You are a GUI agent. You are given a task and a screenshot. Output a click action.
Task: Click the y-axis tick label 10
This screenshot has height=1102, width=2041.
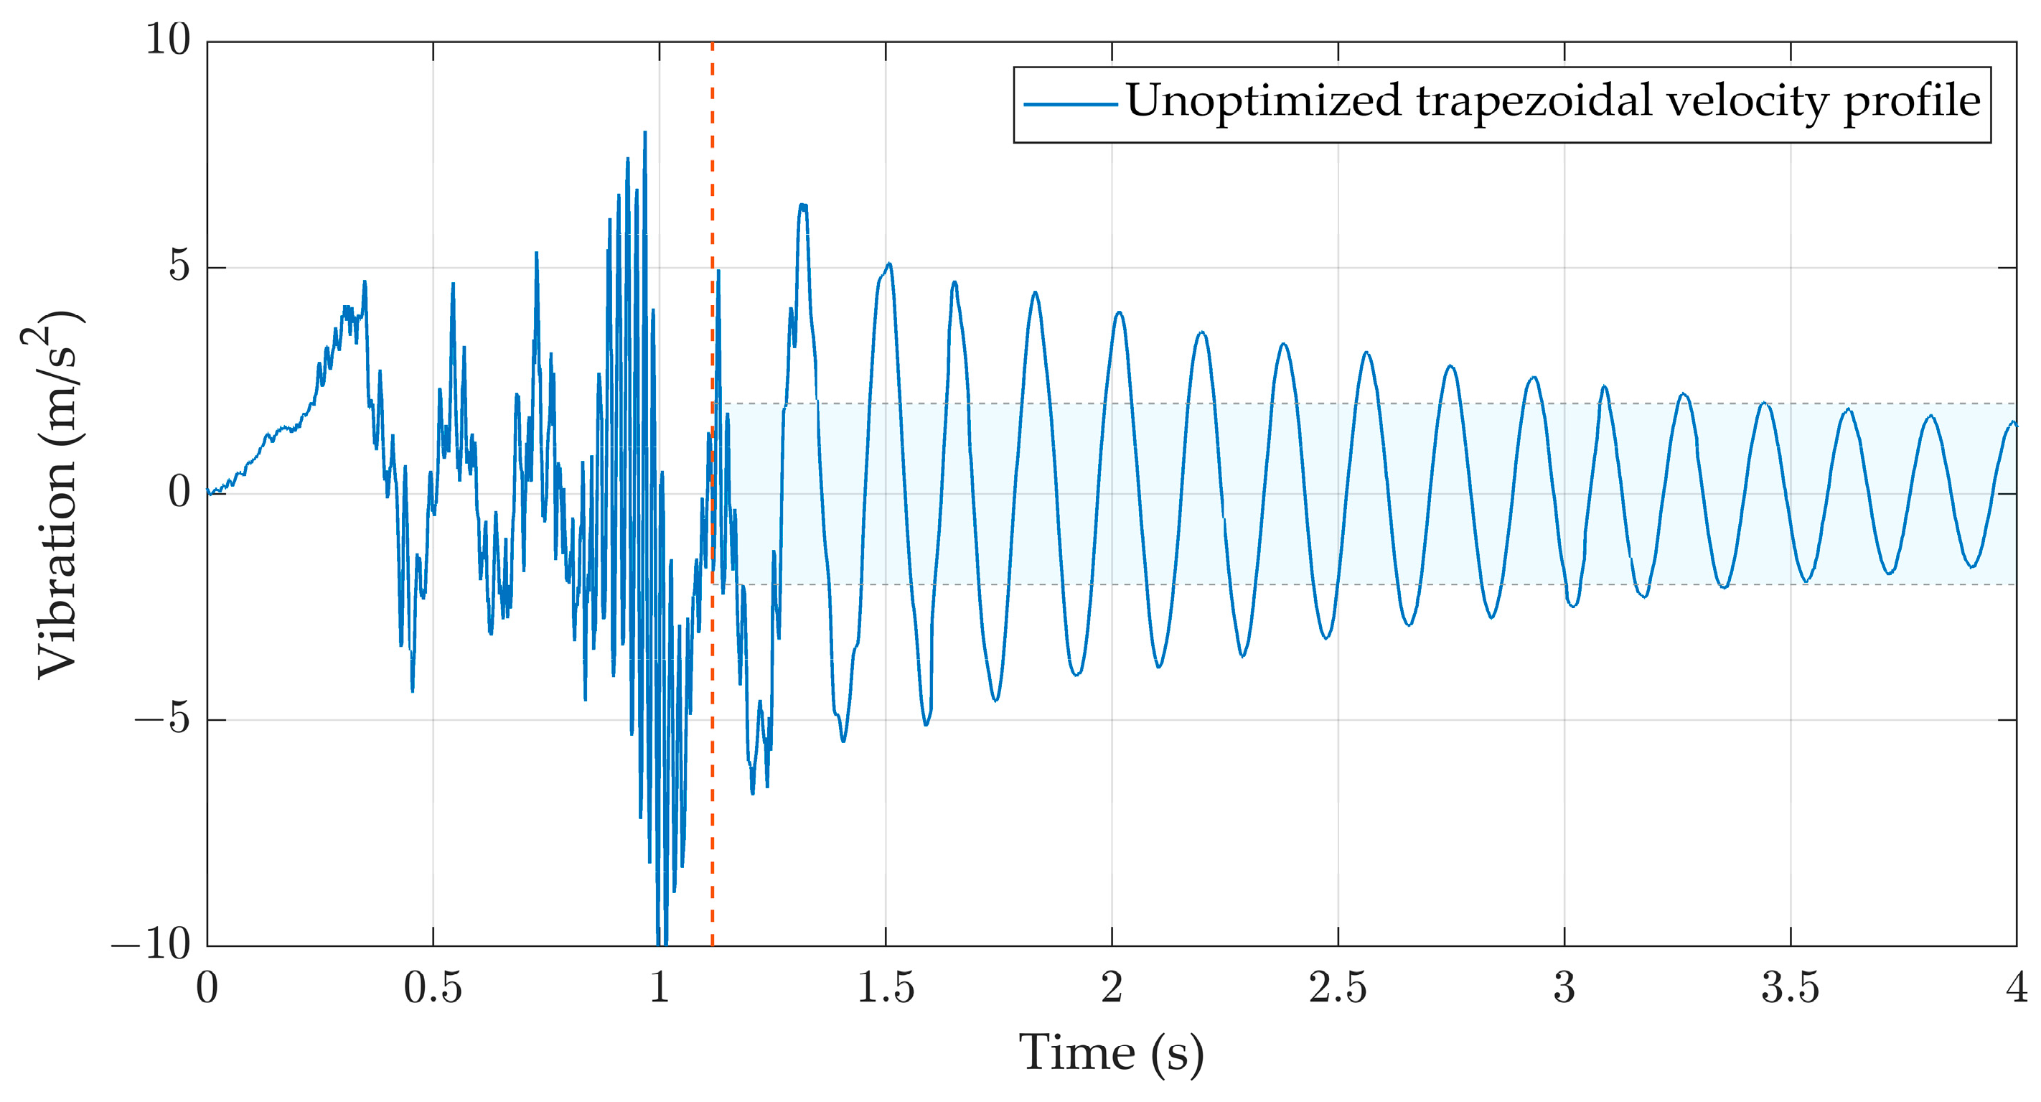[168, 39]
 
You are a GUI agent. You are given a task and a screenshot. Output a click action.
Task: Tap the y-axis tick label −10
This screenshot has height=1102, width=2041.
[151, 944]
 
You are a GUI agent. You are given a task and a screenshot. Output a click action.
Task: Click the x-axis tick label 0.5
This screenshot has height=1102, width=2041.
[433, 988]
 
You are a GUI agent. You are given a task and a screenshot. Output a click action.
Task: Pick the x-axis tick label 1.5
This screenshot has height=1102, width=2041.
[886, 988]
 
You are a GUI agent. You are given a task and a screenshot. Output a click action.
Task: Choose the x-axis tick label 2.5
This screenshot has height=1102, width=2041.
[1338, 988]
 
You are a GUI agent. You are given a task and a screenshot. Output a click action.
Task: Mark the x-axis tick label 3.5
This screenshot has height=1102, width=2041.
[1791, 988]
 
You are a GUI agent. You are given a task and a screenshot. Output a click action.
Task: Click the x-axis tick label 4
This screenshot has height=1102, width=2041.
[2017, 988]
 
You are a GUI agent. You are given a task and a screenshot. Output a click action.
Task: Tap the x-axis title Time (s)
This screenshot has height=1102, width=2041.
[1111, 1054]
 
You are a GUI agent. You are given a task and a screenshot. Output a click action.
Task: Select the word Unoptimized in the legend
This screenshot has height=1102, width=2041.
[1264, 102]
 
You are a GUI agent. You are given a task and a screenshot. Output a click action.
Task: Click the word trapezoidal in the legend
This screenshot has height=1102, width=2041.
[1534, 102]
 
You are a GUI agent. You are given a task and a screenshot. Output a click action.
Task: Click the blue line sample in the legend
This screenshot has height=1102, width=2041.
[1069, 104]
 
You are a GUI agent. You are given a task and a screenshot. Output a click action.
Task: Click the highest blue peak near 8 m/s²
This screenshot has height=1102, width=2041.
[645, 134]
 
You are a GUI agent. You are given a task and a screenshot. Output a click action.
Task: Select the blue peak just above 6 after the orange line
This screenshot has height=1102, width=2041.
[803, 205]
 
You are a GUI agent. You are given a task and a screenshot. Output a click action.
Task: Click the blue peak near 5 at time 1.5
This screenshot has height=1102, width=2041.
[889, 264]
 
